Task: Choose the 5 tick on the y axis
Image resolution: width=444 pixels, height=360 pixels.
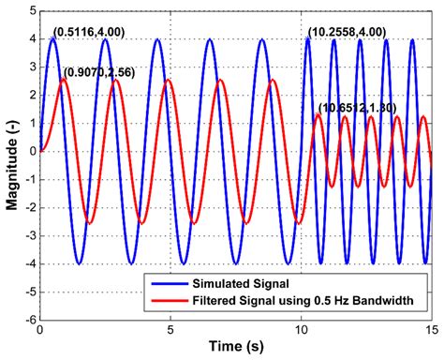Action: point(31,11)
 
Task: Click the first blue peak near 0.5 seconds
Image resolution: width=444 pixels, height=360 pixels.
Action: point(53,39)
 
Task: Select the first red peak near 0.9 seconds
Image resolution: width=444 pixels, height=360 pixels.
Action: point(64,80)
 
